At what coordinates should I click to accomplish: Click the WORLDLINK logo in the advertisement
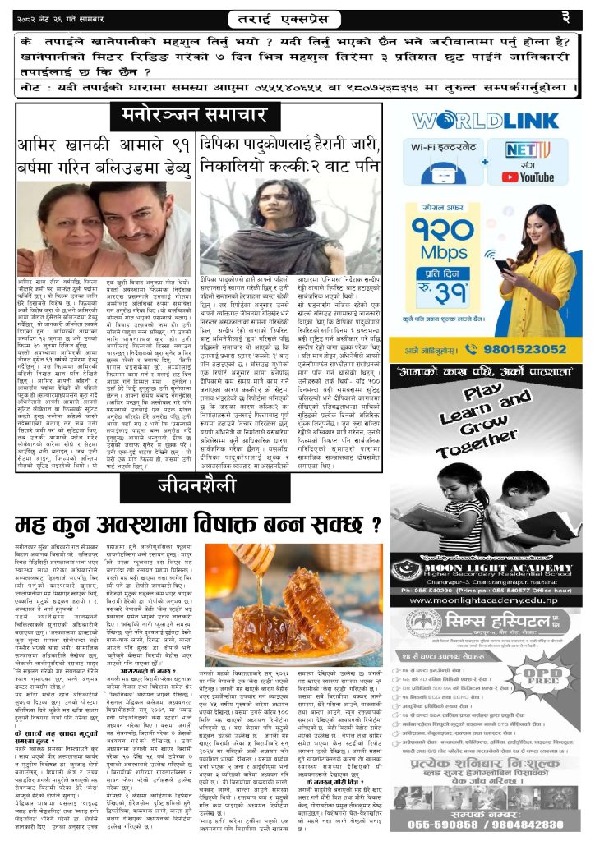pos(492,121)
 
